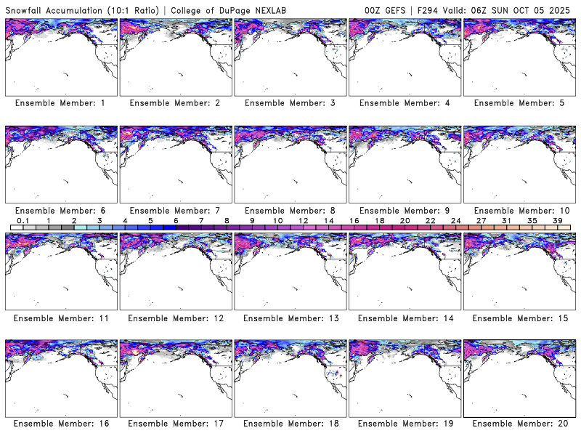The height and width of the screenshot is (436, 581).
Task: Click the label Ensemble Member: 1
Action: coord(60,103)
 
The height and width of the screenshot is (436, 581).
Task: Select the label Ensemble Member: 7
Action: coord(175,210)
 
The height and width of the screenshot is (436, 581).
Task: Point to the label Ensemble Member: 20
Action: coord(520,424)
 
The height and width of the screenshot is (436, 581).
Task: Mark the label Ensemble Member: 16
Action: coord(60,424)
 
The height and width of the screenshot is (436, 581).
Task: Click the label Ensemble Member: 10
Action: coord(520,210)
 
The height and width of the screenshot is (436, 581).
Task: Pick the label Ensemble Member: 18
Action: coord(291,424)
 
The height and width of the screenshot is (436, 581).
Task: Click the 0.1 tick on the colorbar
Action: coord(23,220)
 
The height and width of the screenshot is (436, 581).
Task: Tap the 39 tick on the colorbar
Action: coord(557,220)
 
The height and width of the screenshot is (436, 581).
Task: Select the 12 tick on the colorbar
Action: coord(303,220)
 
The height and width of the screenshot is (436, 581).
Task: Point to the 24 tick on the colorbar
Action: coord(455,220)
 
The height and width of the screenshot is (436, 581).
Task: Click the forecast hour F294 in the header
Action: coord(428,9)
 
